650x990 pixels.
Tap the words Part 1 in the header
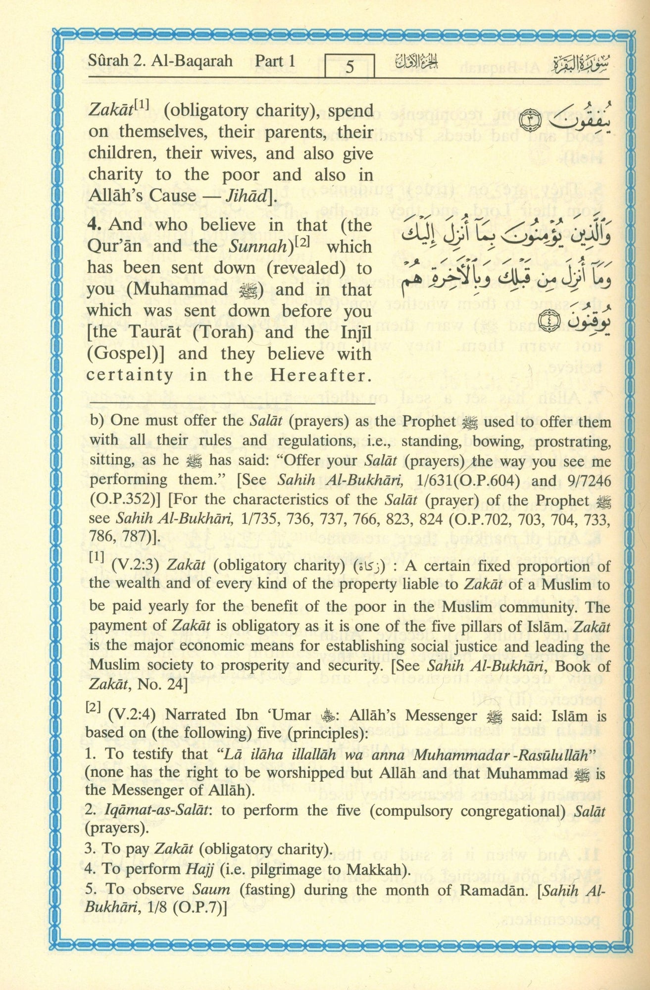coord(275,61)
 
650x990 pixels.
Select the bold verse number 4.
coord(95,225)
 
